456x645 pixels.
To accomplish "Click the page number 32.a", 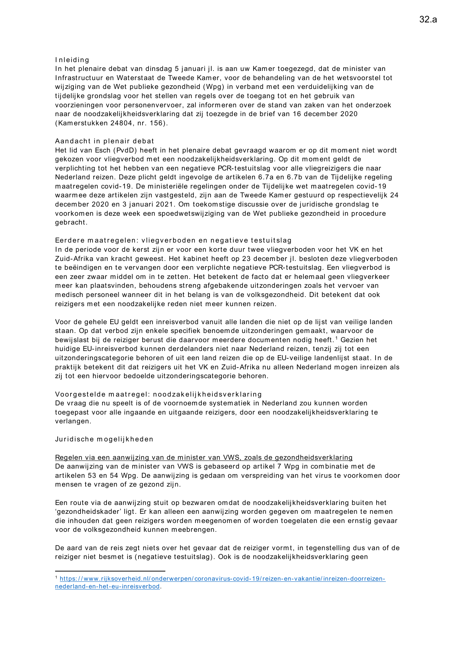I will pyautogui.click(x=428, y=19).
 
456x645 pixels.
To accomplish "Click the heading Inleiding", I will pyautogui.click(x=72, y=60).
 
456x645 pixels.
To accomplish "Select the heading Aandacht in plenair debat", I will pyautogui.click(x=104, y=141).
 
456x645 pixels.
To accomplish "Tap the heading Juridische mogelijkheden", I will pyautogui.click(x=104, y=439).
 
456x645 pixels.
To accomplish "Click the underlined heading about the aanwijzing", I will pyautogui.click(x=204, y=458).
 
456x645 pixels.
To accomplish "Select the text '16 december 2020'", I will pyautogui.click(x=325, y=114).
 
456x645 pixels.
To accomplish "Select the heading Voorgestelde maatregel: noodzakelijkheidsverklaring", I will pyautogui.click(x=158, y=394).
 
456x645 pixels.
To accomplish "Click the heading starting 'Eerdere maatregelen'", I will pyautogui.click(x=173, y=240).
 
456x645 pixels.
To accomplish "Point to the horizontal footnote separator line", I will pyautogui.click(x=110, y=571).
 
